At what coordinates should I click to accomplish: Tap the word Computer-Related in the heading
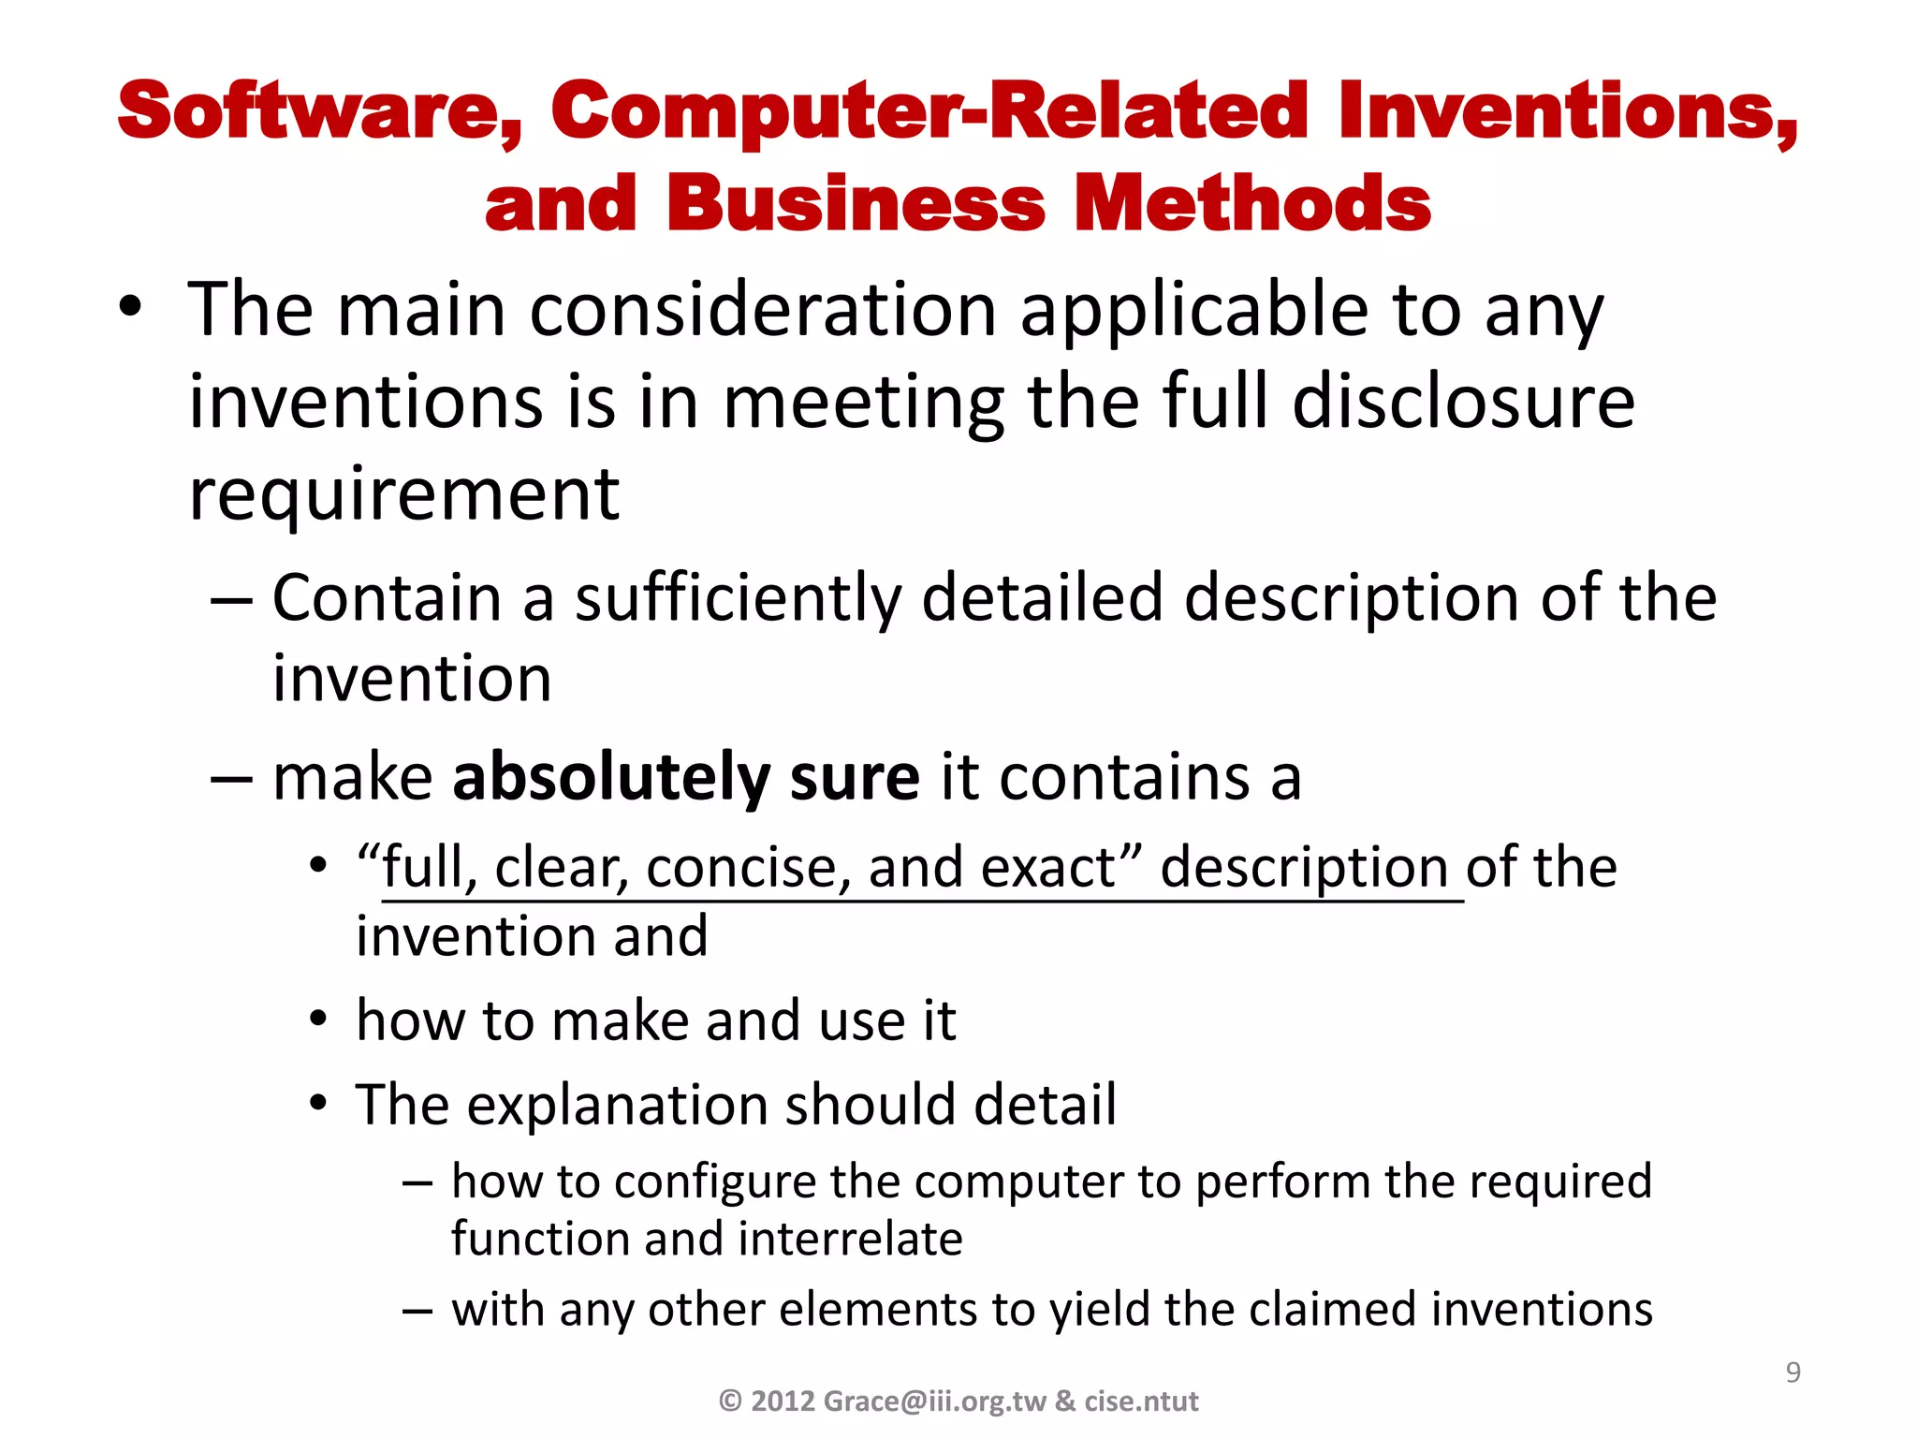(928, 112)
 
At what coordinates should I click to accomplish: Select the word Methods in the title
(1252, 204)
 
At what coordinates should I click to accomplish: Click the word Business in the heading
(856, 204)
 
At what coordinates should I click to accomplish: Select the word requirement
(403, 496)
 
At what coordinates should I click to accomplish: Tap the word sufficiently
(737, 599)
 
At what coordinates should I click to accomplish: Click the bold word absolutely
(611, 779)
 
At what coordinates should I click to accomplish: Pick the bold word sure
(855, 779)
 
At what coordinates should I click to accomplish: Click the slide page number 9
(1793, 1372)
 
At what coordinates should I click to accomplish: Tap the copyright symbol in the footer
(730, 1401)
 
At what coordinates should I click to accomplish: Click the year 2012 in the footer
(783, 1401)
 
